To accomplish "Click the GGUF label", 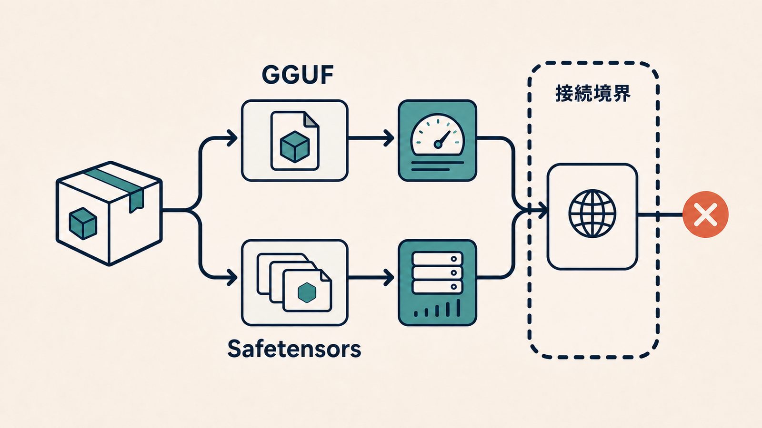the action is (297, 75).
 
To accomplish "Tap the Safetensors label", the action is (294, 349).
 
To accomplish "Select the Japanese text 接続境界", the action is (593, 93).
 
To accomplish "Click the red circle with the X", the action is (705, 214).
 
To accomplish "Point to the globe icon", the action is (592, 214).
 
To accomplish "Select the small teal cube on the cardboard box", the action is (83, 224).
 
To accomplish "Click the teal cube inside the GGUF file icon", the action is (295, 146).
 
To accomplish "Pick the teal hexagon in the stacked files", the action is (307, 292).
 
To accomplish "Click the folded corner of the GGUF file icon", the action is (311, 119).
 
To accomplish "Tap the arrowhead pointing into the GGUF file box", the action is (232, 138).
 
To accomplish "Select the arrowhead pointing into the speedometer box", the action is (389, 138).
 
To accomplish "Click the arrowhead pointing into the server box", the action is (389, 278).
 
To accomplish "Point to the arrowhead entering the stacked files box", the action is (232, 278).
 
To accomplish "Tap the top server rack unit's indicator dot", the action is (453, 259).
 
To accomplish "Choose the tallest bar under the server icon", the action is (458, 308).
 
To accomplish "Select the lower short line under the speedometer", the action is (431, 169).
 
